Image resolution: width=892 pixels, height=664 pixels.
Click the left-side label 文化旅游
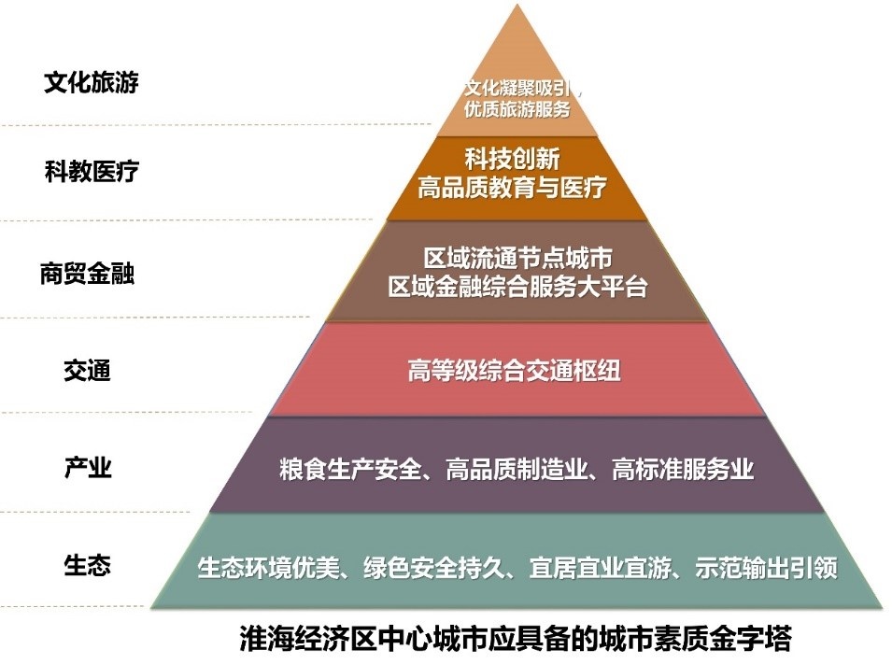coord(92,82)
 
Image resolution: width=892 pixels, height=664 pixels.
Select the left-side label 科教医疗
coord(92,171)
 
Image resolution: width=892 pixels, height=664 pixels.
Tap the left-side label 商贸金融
coord(87,274)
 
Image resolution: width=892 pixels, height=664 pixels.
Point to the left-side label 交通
coord(87,371)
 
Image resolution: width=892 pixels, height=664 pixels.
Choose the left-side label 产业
coord(88,468)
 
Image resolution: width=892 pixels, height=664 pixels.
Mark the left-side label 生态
coord(87,566)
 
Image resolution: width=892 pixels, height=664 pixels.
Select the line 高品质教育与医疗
coord(512,187)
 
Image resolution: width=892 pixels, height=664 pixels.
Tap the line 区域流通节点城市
coord(517,258)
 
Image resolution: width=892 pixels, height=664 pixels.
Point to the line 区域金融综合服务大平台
coord(517,286)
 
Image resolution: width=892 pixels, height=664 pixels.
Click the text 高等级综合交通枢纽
coord(515,371)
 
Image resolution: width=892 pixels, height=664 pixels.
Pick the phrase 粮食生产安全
coord(350,470)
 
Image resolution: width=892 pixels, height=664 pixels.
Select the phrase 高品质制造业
coord(517,470)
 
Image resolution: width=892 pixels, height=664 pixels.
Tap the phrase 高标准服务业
coord(683,470)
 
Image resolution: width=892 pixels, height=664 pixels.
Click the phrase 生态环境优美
coord(268,568)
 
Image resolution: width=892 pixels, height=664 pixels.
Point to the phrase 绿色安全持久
coord(434,568)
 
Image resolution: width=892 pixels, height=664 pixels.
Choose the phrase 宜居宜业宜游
coord(601,568)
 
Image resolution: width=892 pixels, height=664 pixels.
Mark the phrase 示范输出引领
coord(766,568)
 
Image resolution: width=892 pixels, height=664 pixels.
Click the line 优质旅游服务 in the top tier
coord(517,108)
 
